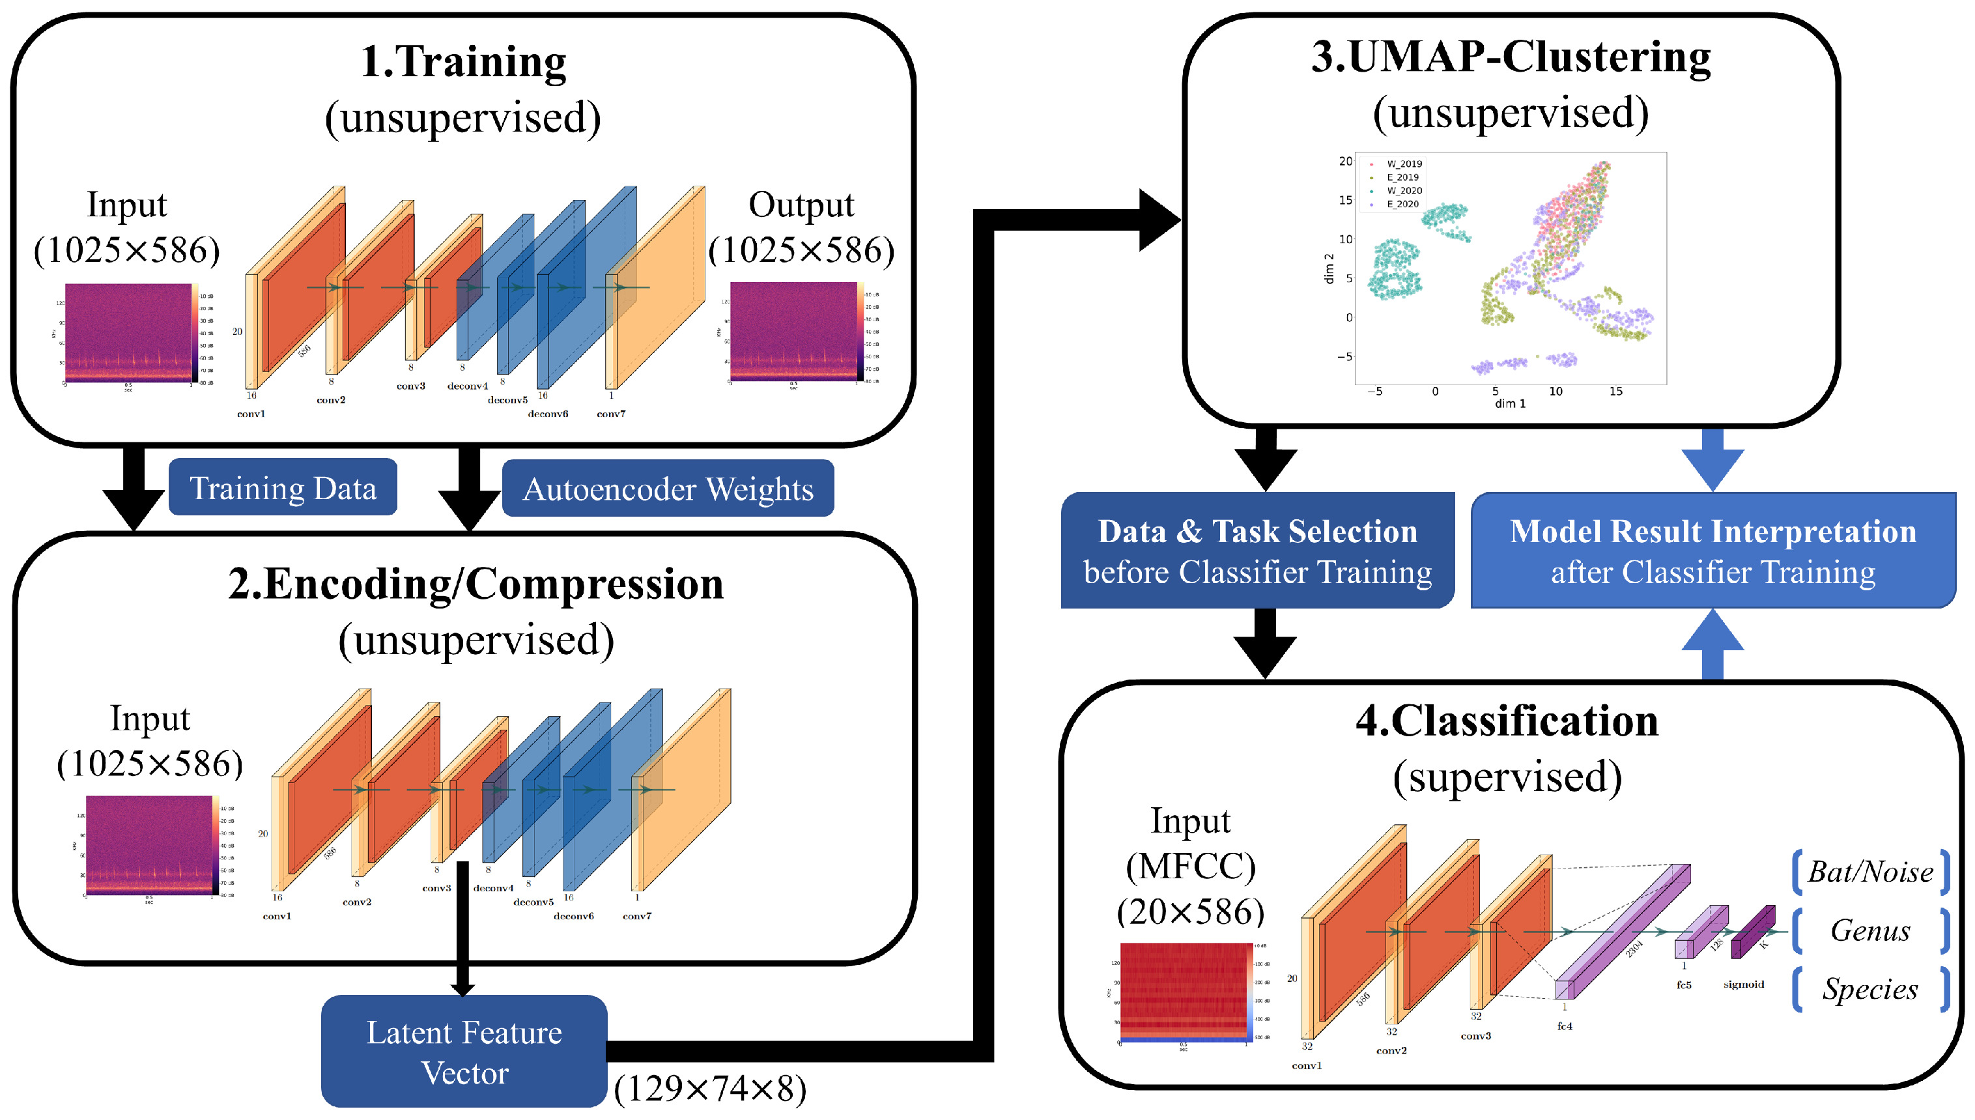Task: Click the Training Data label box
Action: pyautogui.click(x=282, y=488)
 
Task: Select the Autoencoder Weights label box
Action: pyautogui.click(x=667, y=489)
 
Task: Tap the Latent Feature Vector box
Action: pyautogui.click(x=464, y=1052)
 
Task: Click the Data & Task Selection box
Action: pyautogui.click(x=1257, y=551)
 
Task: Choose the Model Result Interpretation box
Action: pyautogui.click(x=1712, y=551)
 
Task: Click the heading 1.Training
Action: pyautogui.click(x=463, y=61)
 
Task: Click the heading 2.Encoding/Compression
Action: pyautogui.click(x=476, y=584)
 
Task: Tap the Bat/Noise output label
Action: pyautogui.click(x=1869, y=872)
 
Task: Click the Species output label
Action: pyautogui.click(x=1869, y=989)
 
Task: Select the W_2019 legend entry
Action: pyautogui.click(x=1404, y=164)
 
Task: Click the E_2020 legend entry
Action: pyautogui.click(x=1402, y=204)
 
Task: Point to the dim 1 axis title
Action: pyautogui.click(x=1509, y=403)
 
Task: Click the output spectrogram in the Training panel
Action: pyautogui.click(x=793, y=331)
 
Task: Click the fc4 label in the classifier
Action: pyautogui.click(x=1565, y=1026)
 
